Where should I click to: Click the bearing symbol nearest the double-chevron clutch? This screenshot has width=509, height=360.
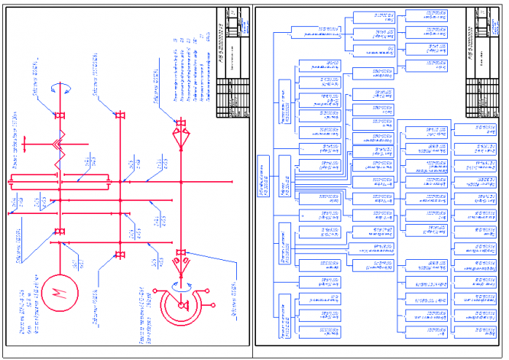click(58, 116)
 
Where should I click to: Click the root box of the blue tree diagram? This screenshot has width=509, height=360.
click(264, 174)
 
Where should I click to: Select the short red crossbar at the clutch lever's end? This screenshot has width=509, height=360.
click(25, 141)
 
